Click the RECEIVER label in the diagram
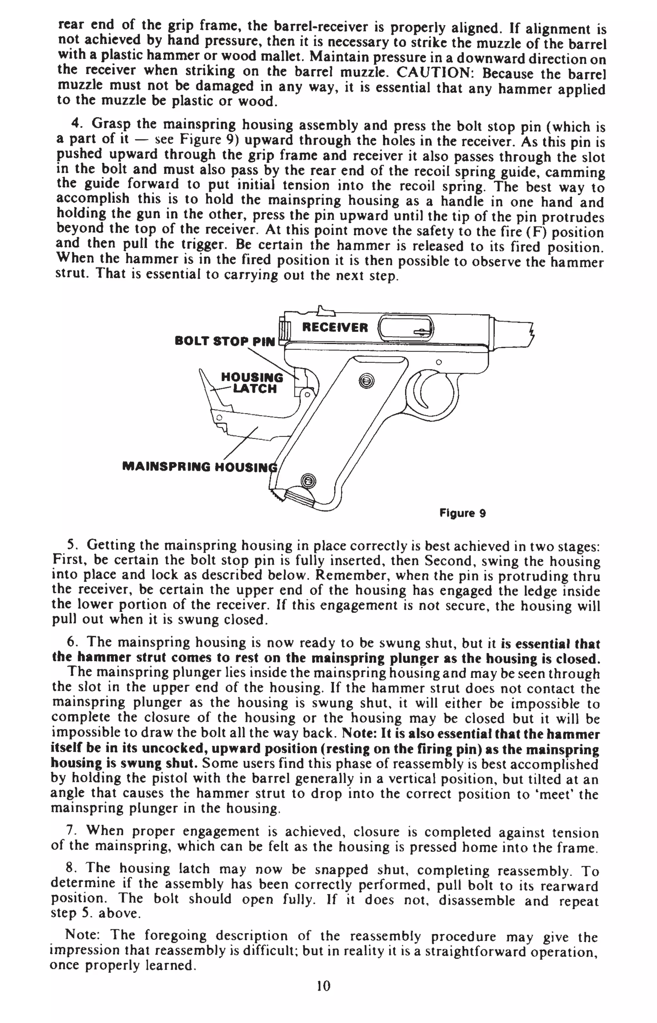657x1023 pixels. (x=335, y=327)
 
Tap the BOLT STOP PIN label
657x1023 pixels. (x=225, y=341)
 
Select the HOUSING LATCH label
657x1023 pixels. (x=252, y=383)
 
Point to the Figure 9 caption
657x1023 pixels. (x=463, y=513)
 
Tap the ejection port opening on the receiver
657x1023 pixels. (x=406, y=327)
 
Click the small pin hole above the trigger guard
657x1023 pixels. (x=439, y=362)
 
